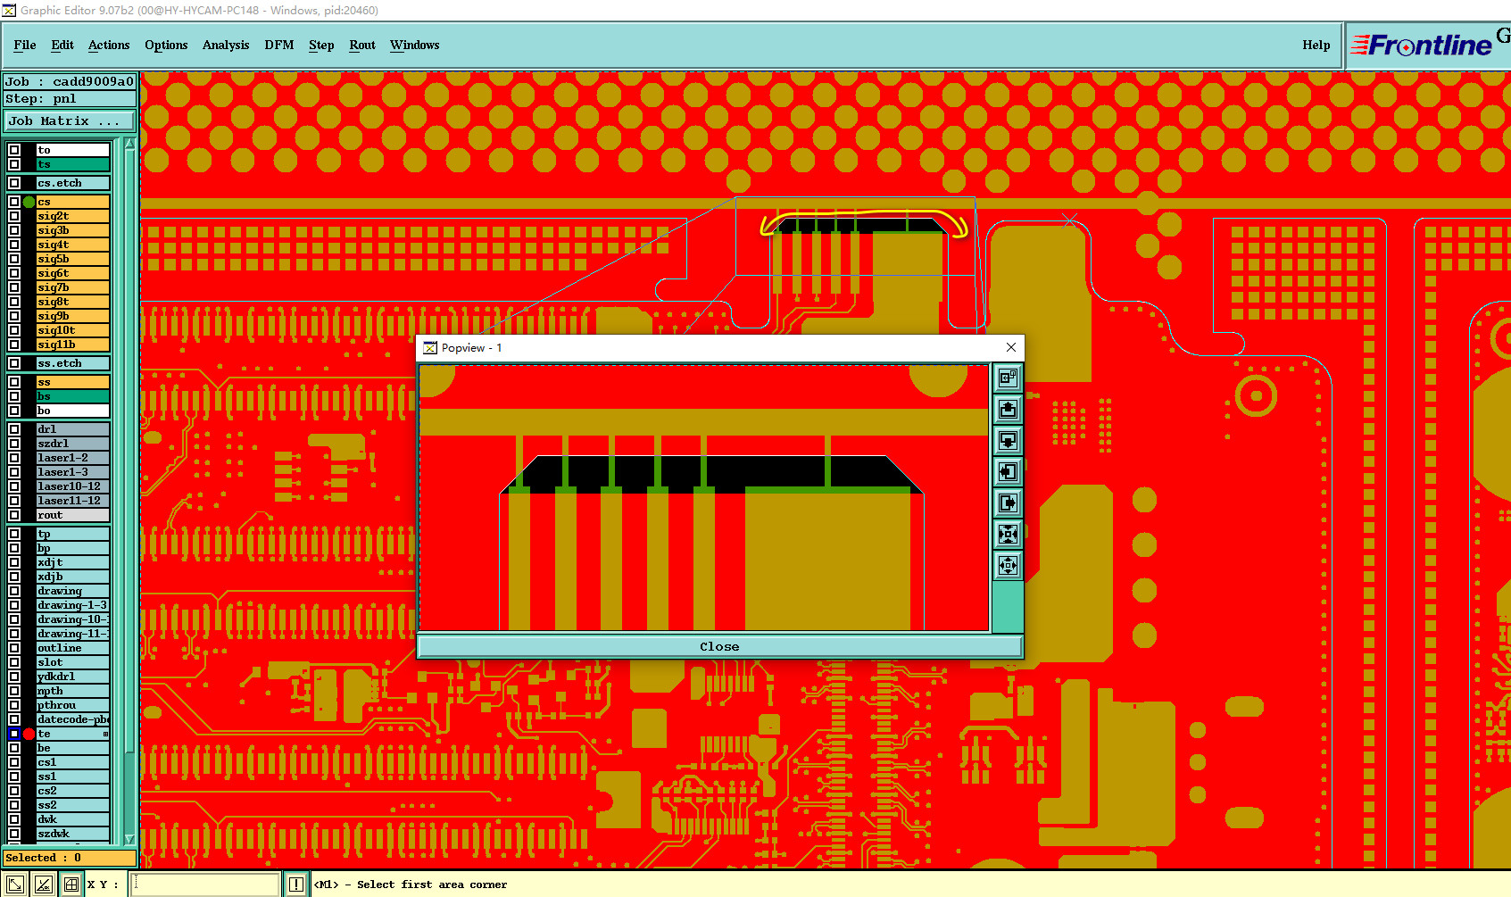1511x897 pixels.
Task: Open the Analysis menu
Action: coord(225,46)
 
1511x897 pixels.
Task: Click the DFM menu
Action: coord(278,46)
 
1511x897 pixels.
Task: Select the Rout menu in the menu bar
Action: coord(362,46)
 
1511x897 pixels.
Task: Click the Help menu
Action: coord(1316,46)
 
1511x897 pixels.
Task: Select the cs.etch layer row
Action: coord(73,183)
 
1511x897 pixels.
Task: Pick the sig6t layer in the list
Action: coord(73,273)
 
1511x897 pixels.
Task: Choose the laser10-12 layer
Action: coord(73,486)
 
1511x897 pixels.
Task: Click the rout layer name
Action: coord(50,515)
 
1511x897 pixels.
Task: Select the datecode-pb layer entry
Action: coord(73,719)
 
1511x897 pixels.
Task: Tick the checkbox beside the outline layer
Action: coord(14,648)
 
